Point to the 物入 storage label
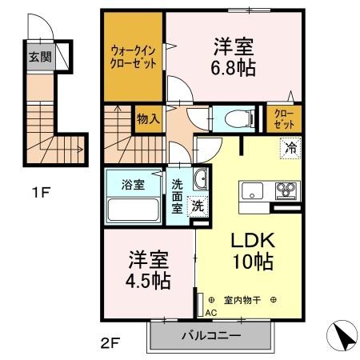click(149, 119)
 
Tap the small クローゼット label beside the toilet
click(284, 119)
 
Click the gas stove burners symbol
click(286, 191)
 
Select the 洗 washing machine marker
click(196, 206)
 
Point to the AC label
click(211, 313)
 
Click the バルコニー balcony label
click(210, 336)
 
